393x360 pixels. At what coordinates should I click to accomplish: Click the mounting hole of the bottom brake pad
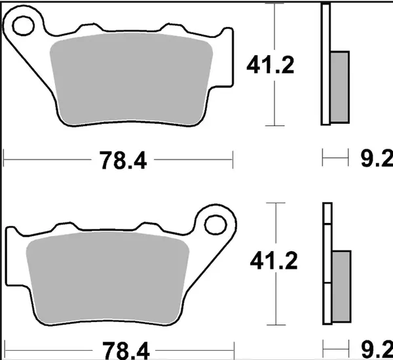click(214, 224)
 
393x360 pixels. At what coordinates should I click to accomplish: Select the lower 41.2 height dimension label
click(272, 262)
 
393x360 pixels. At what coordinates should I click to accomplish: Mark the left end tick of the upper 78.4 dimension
click(5, 158)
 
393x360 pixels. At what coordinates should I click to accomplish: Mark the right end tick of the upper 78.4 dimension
click(233, 158)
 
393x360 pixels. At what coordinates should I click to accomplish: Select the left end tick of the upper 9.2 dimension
click(323, 158)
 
